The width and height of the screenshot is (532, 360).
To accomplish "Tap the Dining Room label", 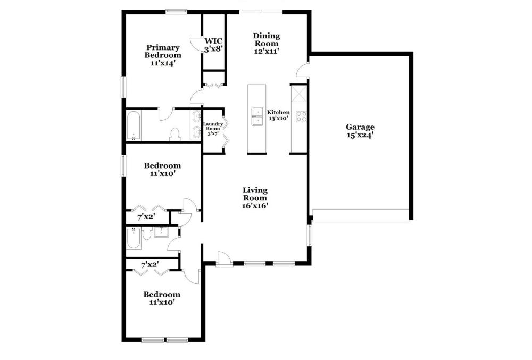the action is pyautogui.click(x=267, y=44).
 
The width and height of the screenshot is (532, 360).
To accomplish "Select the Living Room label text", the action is pyautogui.click(x=255, y=198).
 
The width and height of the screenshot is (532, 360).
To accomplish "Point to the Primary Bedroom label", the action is pyautogui.click(x=163, y=55).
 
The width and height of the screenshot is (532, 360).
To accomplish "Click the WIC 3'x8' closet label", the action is pyautogui.click(x=213, y=45).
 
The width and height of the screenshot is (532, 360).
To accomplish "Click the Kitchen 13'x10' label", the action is pyautogui.click(x=278, y=115).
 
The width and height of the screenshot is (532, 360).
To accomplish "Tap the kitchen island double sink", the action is pyautogui.click(x=257, y=116).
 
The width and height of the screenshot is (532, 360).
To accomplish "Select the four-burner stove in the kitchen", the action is pyautogui.click(x=301, y=116).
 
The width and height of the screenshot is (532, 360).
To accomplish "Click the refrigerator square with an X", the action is pyautogui.click(x=299, y=93).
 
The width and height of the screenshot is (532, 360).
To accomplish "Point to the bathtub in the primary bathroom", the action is pyautogui.click(x=134, y=125).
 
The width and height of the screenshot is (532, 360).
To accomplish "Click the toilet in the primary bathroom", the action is pyautogui.click(x=175, y=134).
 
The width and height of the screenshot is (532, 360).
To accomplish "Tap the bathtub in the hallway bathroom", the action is pyautogui.click(x=134, y=239).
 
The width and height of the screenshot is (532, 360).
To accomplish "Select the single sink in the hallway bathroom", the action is pyautogui.click(x=162, y=232).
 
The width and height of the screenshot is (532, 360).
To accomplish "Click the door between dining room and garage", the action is pyautogui.click(x=303, y=70).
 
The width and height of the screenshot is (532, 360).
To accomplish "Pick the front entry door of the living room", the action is pyautogui.click(x=225, y=259).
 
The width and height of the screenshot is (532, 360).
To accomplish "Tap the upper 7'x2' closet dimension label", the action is pyautogui.click(x=146, y=217).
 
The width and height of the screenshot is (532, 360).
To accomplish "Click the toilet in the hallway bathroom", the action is pyautogui.click(x=147, y=233).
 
